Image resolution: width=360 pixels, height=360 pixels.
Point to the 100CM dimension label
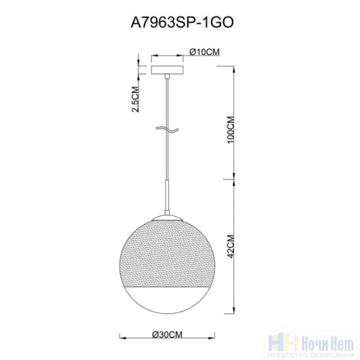coord(230,130)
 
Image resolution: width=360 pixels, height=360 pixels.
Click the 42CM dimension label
coord(230,249)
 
